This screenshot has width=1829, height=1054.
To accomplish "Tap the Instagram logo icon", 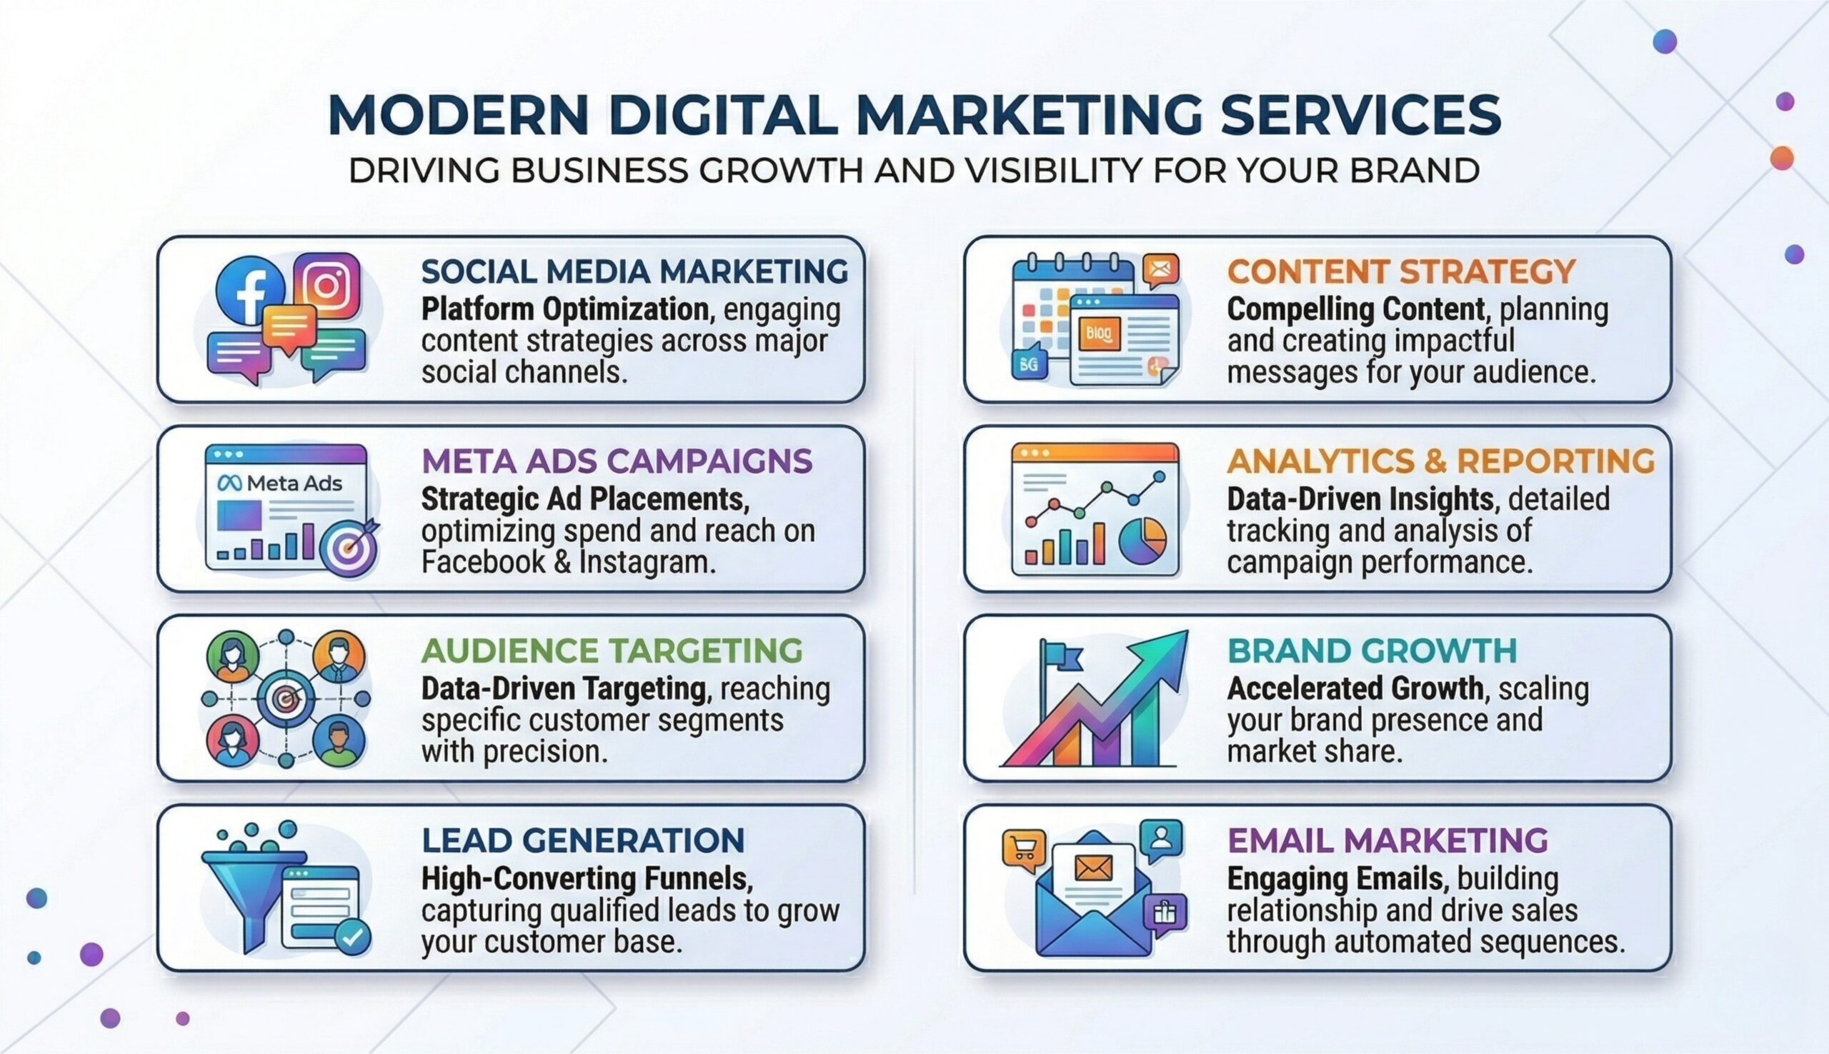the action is point(327,286).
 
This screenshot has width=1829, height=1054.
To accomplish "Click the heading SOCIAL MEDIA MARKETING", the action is point(634,271).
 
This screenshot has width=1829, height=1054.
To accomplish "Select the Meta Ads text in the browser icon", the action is point(280,483).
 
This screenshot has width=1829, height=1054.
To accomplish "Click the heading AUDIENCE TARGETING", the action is point(612,650).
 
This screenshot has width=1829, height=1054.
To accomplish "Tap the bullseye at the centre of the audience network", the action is point(286,698).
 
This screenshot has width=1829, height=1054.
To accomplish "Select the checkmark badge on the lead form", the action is point(353,938).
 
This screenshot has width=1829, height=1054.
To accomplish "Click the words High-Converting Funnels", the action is point(587,879).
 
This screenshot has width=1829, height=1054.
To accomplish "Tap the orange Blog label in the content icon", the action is point(1099,333).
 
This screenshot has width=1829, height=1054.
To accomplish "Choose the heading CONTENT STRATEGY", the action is point(1401,271).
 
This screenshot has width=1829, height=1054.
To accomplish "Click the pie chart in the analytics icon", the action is point(1142,540).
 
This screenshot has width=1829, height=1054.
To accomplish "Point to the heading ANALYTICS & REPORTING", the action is point(1441,461).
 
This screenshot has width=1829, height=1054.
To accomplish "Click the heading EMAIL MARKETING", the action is point(1388,840).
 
